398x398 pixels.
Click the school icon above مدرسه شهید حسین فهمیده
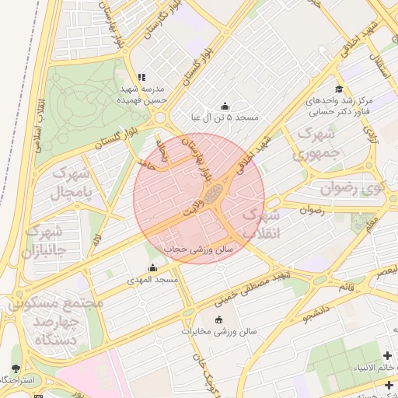coord(141,77)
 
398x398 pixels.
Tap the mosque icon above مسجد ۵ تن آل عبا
coord(225,106)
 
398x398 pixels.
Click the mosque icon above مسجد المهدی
coord(152,268)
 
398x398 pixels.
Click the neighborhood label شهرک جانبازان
coord(43,241)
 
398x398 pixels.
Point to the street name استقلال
coord(380,54)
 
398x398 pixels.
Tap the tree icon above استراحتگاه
coord(17,368)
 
